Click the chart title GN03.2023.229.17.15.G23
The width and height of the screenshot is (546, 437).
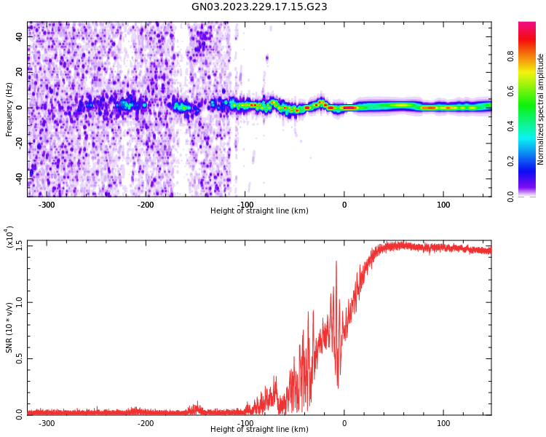coord(259,7)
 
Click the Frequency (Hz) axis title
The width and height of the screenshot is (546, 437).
coord(9,109)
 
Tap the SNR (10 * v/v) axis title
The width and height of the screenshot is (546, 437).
coord(9,328)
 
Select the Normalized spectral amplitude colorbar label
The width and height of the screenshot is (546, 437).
coord(541,109)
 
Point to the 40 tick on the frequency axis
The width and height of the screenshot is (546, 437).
coord(19,36)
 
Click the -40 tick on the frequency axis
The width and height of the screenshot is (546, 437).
coord(17,178)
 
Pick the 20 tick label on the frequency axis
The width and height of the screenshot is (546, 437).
coord(19,72)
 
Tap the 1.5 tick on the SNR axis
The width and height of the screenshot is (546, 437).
coord(20,245)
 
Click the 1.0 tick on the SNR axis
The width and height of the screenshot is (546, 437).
coord(20,302)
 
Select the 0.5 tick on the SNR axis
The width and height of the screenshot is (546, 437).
coord(20,358)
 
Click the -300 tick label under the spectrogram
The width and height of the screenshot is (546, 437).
coord(47,205)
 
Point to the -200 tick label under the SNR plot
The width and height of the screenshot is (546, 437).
coord(146,423)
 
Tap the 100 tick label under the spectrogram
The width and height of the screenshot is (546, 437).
coord(443,205)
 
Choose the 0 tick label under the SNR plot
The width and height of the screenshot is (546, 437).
coord(344,423)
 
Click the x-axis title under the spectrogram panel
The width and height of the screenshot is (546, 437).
coord(259,211)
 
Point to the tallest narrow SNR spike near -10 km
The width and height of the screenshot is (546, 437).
coord(336,262)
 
